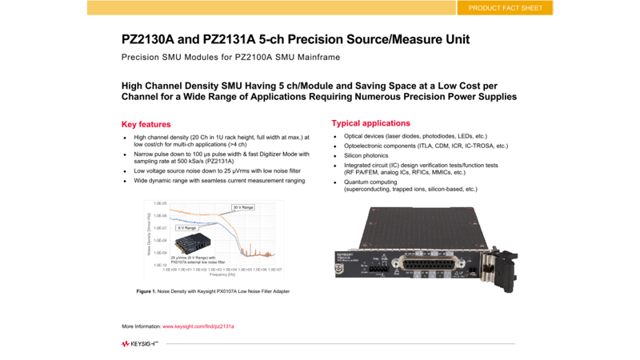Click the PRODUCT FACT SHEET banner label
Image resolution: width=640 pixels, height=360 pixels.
pos(505,8)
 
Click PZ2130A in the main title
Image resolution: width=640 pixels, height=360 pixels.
pos(150,39)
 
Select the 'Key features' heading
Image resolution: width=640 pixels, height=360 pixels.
pos(146,124)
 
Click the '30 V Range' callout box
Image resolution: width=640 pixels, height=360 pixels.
pos(243,207)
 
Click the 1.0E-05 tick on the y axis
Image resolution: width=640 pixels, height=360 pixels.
pos(160,203)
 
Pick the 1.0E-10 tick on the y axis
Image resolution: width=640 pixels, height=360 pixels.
pos(160,264)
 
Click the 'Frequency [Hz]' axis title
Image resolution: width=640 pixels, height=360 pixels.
pos(223,274)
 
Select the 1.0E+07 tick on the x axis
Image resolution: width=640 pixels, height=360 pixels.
pos(276,270)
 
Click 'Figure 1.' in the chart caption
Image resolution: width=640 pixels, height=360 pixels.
pos(146,291)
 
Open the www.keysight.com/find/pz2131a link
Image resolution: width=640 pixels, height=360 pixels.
pos(198,326)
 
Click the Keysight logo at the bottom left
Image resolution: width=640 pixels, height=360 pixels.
pos(140,343)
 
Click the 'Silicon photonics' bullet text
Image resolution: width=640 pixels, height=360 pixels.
pos(366,156)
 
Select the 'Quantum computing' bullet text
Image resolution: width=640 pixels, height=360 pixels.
pos(370,182)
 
